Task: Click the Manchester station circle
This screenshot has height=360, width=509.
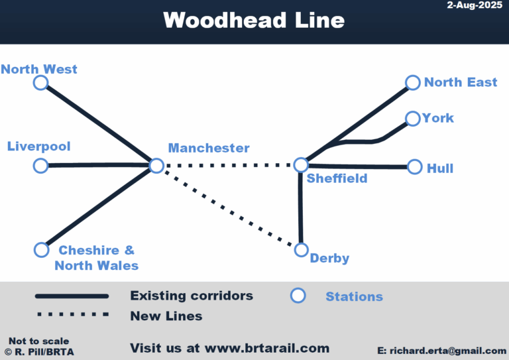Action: pyautogui.click(x=156, y=165)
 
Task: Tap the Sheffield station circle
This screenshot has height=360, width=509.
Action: pyautogui.click(x=301, y=164)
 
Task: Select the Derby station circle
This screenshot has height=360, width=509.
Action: pyautogui.click(x=302, y=250)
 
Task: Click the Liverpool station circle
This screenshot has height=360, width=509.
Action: pyautogui.click(x=41, y=165)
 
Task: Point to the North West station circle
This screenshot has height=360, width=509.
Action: pyautogui.click(x=41, y=82)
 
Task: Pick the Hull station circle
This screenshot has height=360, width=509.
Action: pyautogui.click(x=414, y=166)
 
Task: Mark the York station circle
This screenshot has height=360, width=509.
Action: pyautogui.click(x=412, y=119)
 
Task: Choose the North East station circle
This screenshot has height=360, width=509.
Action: pyautogui.click(x=413, y=82)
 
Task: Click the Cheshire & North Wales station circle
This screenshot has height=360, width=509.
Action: pyautogui.click(x=42, y=249)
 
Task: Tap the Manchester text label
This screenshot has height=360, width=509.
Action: pyautogui.click(x=209, y=148)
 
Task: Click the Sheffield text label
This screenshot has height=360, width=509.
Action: pyautogui.click(x=337, y=178)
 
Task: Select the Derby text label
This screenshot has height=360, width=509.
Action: pyautogui.click(x=329, y=259)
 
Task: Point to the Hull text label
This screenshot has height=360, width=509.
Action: pyautogui.click(x=440, y=168)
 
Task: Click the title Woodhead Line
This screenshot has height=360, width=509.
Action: pyautogui.click(x=254, y=20)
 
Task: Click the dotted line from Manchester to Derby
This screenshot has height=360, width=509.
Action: pyautogui.click(x=229, y=208)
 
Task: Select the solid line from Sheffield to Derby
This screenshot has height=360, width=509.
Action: pyautogui.click(x=301, y=208)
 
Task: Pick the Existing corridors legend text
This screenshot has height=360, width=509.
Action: pyautogui.click(x=192, y=296)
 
